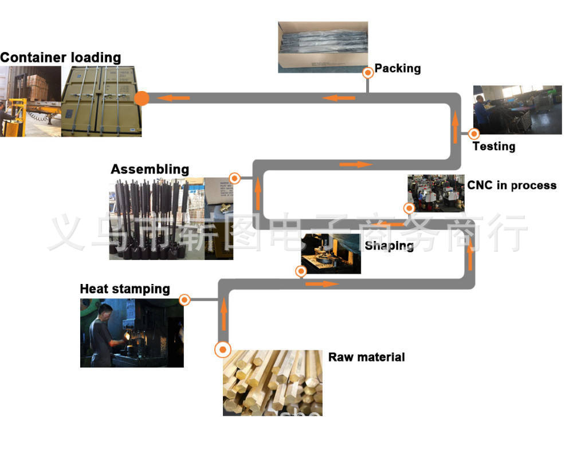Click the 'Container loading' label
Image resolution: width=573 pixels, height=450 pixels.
60,58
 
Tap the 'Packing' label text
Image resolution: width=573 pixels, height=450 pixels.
398,69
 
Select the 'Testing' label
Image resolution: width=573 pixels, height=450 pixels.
494,147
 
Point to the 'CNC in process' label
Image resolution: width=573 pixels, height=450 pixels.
512,185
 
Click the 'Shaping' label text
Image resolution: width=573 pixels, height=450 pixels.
390,246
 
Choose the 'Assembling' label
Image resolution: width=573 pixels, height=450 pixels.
150,169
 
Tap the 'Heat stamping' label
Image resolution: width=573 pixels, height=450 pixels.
125,289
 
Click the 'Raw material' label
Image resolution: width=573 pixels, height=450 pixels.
366,357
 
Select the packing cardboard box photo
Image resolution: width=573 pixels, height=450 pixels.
323,47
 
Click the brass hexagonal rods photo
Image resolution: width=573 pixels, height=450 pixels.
272,382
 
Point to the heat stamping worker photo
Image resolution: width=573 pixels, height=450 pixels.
132,333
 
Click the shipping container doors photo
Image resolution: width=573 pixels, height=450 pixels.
101,101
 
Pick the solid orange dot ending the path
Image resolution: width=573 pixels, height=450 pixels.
142,98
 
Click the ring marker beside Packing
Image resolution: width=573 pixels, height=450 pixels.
367,73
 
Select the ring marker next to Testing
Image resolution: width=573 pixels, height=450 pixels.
474,134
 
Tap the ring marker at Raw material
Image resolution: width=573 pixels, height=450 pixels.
223,349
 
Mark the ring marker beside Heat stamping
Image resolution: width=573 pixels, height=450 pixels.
185,299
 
